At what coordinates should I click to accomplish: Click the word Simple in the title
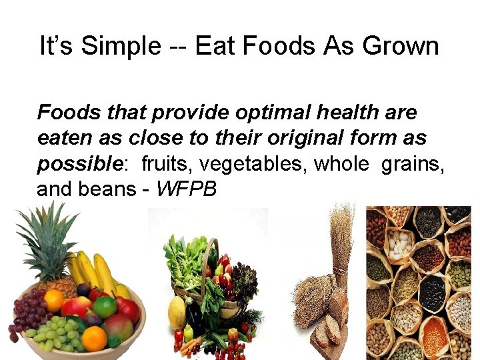(116, 47)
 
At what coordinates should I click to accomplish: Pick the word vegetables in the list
(251, 165)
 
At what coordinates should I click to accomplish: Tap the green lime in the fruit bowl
(105, 307)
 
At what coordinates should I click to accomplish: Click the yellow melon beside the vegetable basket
(177, 312)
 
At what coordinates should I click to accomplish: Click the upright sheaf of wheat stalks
(341, 247)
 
